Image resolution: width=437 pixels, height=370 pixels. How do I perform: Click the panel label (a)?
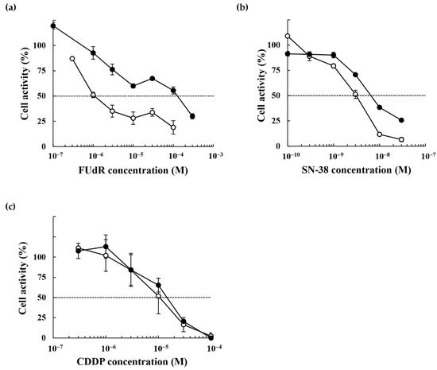[x=10, y=7]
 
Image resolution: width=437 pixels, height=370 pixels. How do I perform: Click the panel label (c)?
[x=10, y=207]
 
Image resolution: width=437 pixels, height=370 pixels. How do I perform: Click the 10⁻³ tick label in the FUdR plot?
[x=215, y=158]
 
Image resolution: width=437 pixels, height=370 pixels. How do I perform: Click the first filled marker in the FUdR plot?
[x=53, y=25]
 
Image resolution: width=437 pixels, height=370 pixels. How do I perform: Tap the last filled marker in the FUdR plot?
[x=192, y=116]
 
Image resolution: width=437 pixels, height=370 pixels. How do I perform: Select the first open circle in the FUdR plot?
[x=72, y=59]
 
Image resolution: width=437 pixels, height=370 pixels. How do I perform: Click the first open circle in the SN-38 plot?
[x=288, y=36]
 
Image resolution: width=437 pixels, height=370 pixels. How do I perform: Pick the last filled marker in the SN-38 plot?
[x=401, y=120]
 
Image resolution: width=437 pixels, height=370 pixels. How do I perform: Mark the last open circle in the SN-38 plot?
[x=401, y=139]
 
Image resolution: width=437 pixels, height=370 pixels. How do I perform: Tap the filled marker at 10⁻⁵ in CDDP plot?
[x=159, y=285]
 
